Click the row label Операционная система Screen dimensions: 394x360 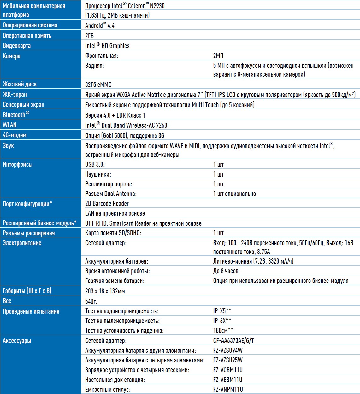tap(30, 25)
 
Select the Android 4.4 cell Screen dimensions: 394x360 tap(100, 26)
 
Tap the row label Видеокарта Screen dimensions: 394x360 tap(17, 46)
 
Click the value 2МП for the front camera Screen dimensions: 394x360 tap(218, 56)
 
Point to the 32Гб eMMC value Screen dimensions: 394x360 tap(98, 84)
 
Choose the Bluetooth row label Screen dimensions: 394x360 tap(16, 115)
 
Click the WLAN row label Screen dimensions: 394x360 tap(9, 125)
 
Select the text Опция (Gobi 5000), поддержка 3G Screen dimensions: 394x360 tap(125, 136)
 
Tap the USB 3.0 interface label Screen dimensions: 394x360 tap(95, 164)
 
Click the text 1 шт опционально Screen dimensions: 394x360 tap(234, 194)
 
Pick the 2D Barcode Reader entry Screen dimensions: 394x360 tap(107, 204)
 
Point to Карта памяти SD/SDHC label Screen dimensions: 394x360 tap(113, 233)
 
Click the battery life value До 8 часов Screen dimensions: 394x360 tap(226, 271)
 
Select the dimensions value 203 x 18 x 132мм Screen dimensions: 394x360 tap(106, 291)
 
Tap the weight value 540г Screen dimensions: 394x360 tap(91, 301)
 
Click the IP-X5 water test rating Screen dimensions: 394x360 tap(222, 311)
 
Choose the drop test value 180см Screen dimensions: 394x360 tap(223, 331)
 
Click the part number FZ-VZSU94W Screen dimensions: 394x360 tap(228, 351)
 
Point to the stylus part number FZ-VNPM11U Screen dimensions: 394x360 tap(228, 390)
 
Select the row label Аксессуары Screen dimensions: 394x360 tap(17, 341)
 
